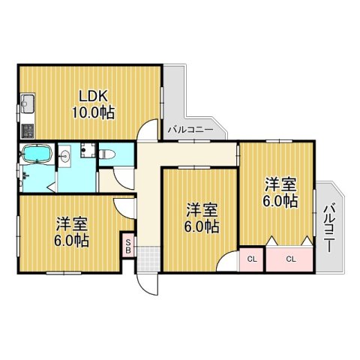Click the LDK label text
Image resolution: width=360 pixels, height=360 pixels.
tap(94, 96)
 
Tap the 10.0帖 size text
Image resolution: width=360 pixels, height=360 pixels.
tap(94, 112)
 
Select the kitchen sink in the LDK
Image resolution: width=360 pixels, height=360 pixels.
tap(28, 103)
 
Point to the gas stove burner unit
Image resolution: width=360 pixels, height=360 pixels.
tap(28, 130)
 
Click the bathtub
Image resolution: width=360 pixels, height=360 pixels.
tap(37, 154)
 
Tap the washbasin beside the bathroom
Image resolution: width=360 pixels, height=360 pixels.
tap(65, 157)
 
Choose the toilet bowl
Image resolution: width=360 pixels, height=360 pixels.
tap(107, 154)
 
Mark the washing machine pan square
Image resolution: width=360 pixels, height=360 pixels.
tap(88, 150)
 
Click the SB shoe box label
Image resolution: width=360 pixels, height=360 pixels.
tap(128, 246)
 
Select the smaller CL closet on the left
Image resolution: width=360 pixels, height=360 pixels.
tap(252, 259)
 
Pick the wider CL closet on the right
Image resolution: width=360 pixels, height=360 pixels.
tap(289, 259)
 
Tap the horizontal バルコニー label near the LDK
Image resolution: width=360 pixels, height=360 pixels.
tap(190, 130)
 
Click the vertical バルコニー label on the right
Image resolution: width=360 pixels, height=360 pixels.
tap(329, 228)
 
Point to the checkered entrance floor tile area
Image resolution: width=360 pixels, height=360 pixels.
tap(148, 259)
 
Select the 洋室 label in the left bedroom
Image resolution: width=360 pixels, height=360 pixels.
tap(71, 224)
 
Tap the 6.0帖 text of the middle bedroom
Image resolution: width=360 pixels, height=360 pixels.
tap(202, 226)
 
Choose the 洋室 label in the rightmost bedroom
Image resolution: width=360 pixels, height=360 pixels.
tap(281, 184)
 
